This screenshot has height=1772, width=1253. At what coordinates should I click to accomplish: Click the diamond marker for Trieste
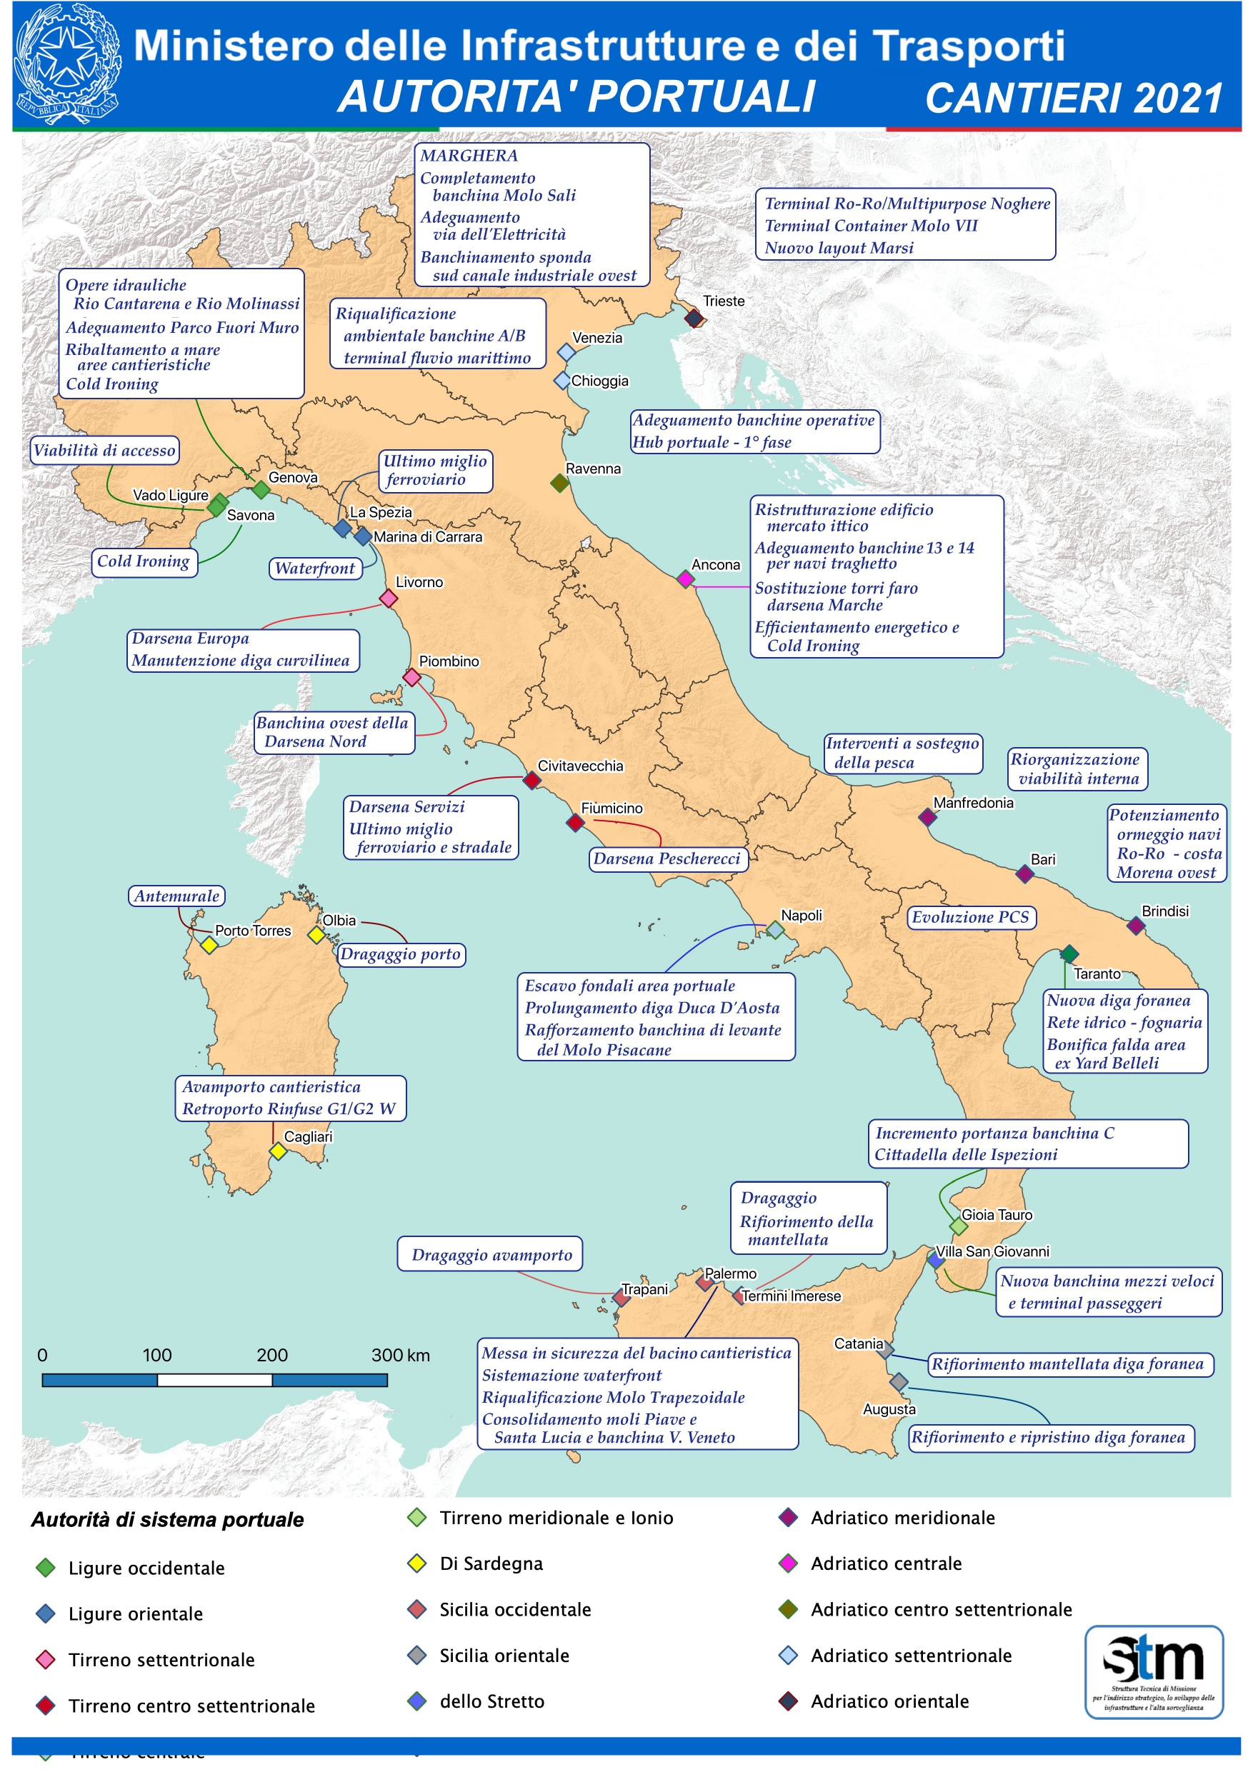click(693, 317)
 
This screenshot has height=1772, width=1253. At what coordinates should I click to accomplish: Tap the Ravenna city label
click(592, 469)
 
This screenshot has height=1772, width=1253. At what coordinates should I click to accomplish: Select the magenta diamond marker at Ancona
click(685, 578)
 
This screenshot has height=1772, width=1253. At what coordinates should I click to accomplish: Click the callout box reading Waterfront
click(315, 569)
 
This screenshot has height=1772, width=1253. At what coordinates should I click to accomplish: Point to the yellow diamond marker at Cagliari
click(278, 1151)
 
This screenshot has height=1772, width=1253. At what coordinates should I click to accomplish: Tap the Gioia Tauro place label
click(996, 1215)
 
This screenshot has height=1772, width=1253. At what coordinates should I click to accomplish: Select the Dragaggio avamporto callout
click(491, 1255)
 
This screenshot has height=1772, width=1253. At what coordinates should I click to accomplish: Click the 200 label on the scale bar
click(271, 1355)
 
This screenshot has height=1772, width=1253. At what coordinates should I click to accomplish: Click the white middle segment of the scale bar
click(214, 1380)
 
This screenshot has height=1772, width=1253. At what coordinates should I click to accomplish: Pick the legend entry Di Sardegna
click(491, 1563)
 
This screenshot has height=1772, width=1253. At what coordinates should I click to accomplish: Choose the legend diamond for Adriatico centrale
click(787, 1563)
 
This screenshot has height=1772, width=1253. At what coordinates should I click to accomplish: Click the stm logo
click(1154, 1672)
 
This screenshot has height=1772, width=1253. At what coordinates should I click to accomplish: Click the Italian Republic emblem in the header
click(68, 64)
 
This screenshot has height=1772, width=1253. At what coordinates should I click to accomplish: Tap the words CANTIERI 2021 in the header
click(1073, 99)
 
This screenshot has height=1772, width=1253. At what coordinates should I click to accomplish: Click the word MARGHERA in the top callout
click(469, 156)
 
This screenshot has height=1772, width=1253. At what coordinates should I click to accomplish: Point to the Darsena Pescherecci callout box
click(667, 859)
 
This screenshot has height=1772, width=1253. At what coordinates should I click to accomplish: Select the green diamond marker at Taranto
click(1069, 954)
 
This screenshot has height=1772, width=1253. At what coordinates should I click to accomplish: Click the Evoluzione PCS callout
click(970, 917)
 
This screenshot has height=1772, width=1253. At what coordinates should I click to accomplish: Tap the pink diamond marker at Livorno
click(389, 598)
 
